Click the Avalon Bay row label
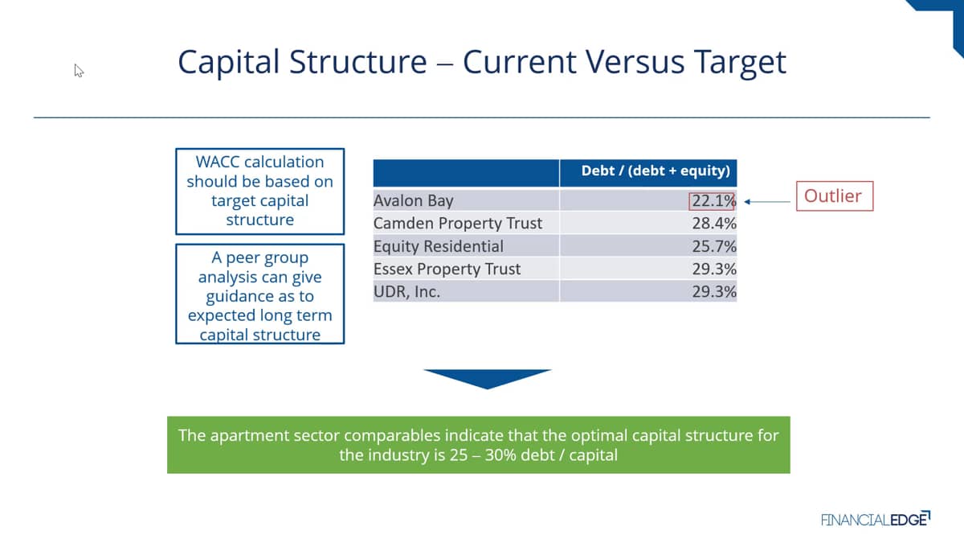[x=413, y=201]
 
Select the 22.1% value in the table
[x=713, y=201]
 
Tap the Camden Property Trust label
[x=457, y=224]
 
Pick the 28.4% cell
[x=714, y=224]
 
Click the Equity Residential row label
[x=438, y=246]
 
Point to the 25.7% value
[x=714, y=246]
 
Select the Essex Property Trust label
[x=447, y=269]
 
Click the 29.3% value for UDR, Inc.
[x=714, y=292]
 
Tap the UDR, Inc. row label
[x=406, y=292]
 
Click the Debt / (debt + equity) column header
[x=656, y=171]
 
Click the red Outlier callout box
[x=835, y=196]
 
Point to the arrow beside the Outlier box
[x=767, y=202]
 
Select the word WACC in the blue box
[x=215, y=162]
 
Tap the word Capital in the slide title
[x=228, y=62]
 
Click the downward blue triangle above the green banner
[x=487, y=379]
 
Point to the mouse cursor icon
[x=79, y=71]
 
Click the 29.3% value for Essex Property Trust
[x=714, y=269]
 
